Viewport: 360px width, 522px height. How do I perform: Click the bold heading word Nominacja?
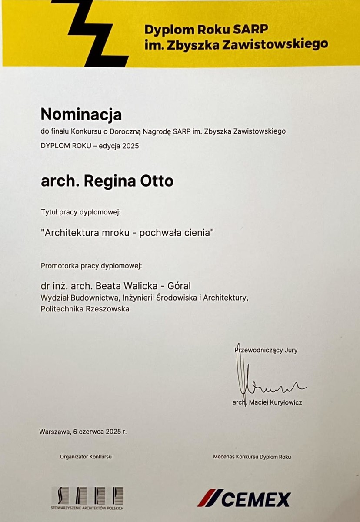tap(81, 114)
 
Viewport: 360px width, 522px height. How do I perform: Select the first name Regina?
tap(110, 181)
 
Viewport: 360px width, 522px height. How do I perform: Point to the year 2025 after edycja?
tap(130, 146)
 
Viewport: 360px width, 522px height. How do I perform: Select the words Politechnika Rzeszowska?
tap(85, 309)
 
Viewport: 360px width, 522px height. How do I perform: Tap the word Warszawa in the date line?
tap(54, 432)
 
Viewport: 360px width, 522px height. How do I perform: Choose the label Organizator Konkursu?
tap(86, 457)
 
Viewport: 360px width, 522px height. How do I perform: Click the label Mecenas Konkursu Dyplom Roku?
tap(252, 457)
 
